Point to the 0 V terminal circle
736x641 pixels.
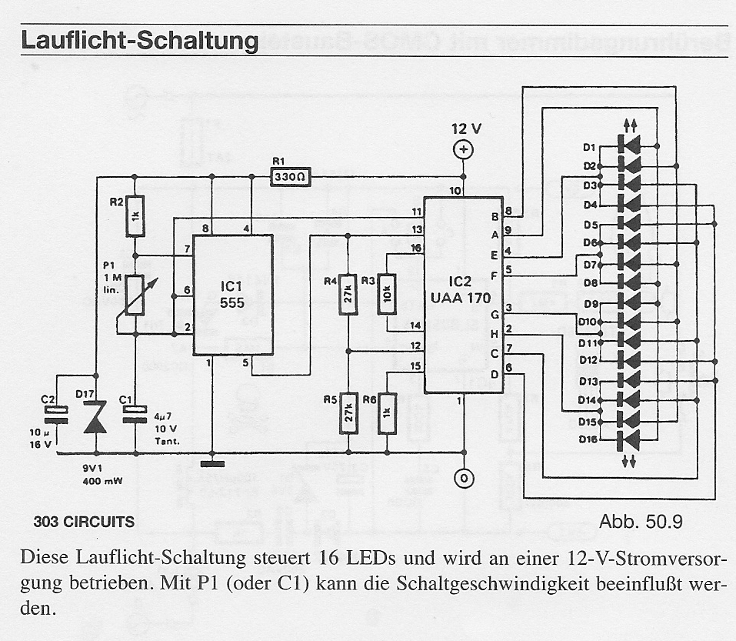pyautogui.click(x=463, y=479)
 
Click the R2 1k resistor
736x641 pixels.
pyautogui.click(x=135, y=216)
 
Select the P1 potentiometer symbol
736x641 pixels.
pyautogui.click(x=135, y=295)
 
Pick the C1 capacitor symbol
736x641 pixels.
pyautogui.click(x=135, y=416)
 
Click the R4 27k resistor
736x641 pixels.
pyautogui.click(x=348, y=293)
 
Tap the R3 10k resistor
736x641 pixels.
pyautogui.click(x=385, y=293)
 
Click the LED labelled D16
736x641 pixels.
pyautogui.click(x=629, y=440)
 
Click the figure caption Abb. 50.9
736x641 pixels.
pyautogui.click(x=641, y=521)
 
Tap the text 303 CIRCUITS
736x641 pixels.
pyautogui.click(x=84, y=522)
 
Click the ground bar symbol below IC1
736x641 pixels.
pyautogui.click(x=213, y=463)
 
